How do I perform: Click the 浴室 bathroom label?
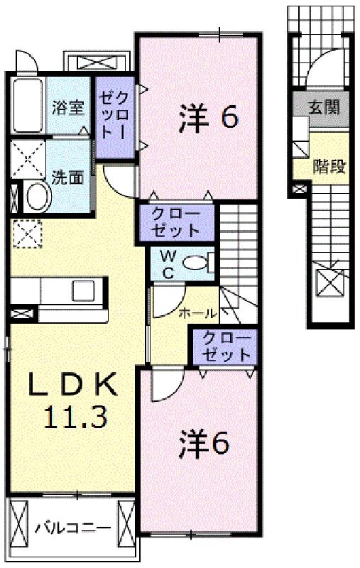[x=68, y=108]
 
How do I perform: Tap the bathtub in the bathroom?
[x=28, y=105]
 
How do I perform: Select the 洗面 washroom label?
[x=67, y=177]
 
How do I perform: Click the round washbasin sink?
[x=38, y=196]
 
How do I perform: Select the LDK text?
[x=73, y=385]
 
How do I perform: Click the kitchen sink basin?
[x=84, y=291]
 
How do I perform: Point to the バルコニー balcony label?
[x=73, y=528]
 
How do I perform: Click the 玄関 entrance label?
[x=324, y=107]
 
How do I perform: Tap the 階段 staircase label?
[x=329, y=166]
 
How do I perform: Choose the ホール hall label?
[x=197, y=313]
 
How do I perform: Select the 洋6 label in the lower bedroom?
[x=204, y=443]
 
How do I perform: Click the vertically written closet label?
[x=114, y=114]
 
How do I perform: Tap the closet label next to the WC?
[x=175, y=222]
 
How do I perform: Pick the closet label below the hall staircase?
[x=227, y=346]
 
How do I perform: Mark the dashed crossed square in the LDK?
[x=27, y=234]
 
